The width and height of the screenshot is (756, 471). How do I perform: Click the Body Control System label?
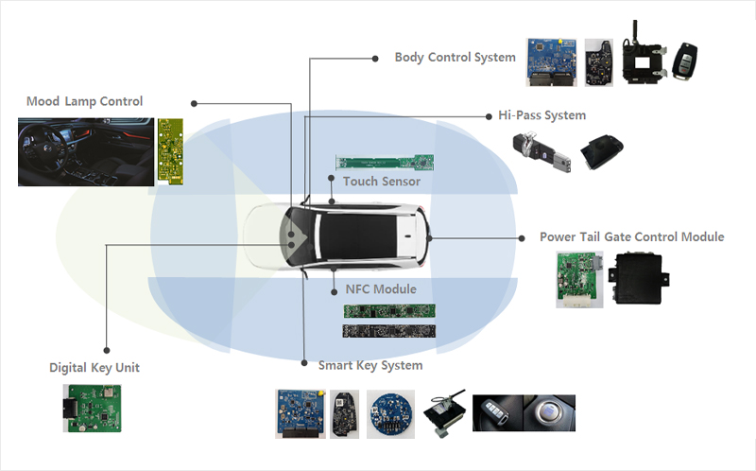click(455, 57)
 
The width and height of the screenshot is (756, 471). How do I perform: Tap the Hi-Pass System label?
click(541, 115)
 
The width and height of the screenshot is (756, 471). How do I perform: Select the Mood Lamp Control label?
click(84, 101)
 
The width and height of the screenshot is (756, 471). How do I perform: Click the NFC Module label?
click(380, 288)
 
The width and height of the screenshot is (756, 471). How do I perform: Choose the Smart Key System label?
click(369, 365)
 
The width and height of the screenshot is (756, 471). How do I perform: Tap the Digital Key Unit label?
click(94, 367)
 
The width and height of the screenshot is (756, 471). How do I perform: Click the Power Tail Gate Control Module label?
click(631, 236)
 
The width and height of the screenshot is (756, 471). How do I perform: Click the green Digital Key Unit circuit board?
click(93, 408)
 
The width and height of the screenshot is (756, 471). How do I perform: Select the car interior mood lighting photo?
click(85, 151)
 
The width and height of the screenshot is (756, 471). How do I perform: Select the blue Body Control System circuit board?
click(551, 62)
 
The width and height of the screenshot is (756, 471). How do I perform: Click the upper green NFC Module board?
click(388, 310)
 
